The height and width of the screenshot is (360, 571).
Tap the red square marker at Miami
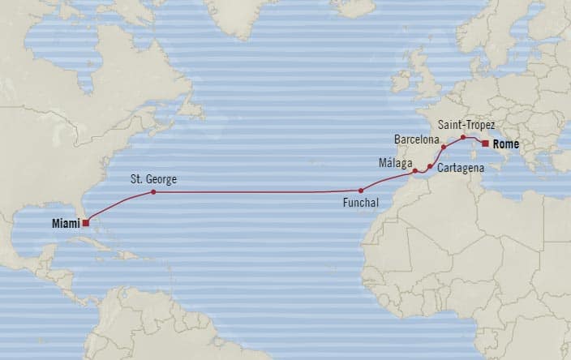tap(85, 221)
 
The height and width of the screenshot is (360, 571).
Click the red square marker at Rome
tap(485, 143)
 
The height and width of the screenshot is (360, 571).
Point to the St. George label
tap(152, 178)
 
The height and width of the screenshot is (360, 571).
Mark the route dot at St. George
tap(152, 191)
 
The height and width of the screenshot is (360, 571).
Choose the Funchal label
tap(361, 204)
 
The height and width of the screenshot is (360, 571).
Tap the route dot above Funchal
tap(361, 191)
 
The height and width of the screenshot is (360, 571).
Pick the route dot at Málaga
tap(414, 171)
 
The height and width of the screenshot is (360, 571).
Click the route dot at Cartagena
tap(430, 166)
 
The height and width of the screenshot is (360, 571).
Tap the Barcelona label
tap(417, 139)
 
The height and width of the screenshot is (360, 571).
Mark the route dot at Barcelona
tap(444, 148)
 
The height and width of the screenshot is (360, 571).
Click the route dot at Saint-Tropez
tap(463, 137)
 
